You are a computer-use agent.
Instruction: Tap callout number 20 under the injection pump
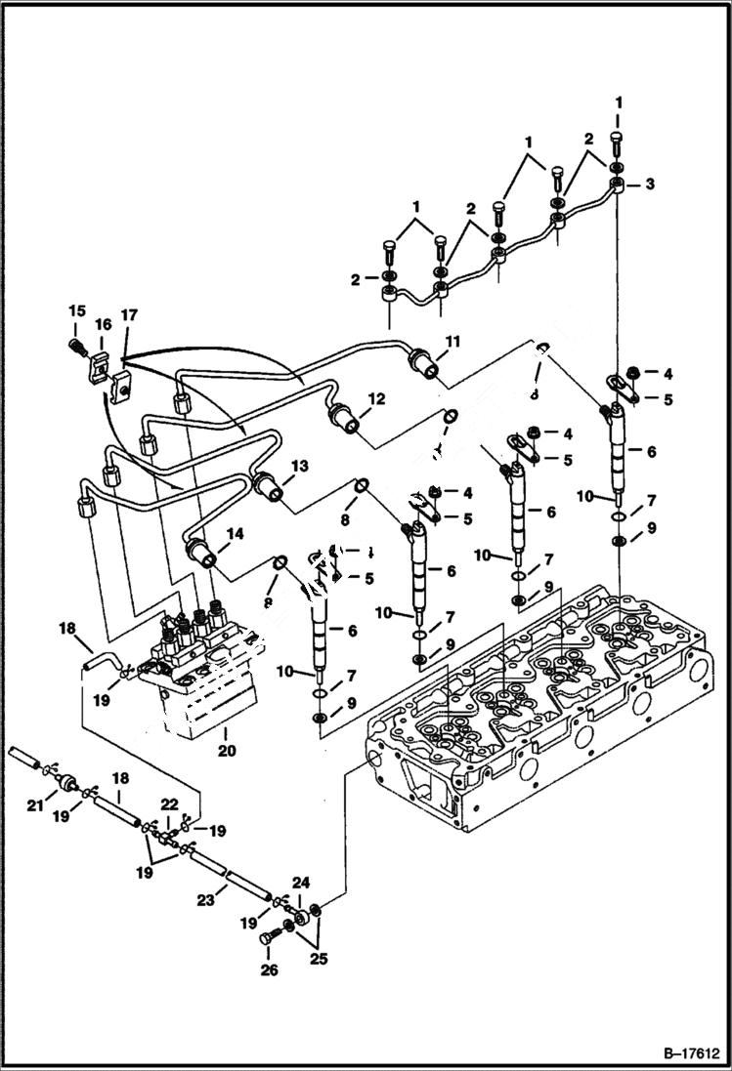[227, 752]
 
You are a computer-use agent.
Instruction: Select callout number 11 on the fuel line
[452, 342]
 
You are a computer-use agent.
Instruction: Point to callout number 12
[377, 399]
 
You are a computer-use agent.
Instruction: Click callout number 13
[299, 467]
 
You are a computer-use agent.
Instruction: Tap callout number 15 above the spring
[76, 310]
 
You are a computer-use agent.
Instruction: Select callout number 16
[103, 324]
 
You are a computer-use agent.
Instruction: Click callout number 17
[129, 315]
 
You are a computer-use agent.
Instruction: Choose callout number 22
[169, 803]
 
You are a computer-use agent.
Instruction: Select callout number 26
[270, 969]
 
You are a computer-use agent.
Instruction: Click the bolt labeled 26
[271, 938]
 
